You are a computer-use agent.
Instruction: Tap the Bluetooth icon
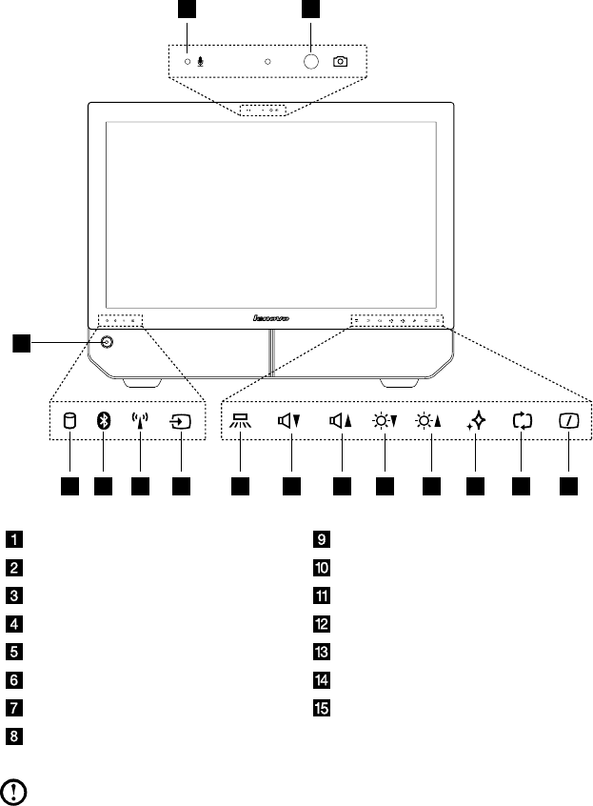click(104, 422)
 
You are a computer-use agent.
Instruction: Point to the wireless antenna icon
click(140, 422)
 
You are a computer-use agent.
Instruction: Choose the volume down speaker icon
click(289, 422)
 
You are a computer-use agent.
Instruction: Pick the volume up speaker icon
click(339, 422)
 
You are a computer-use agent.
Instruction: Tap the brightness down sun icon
click(384, 422)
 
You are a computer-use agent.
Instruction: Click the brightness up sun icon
click(430, 422)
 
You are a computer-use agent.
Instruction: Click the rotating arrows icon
click(521, 422)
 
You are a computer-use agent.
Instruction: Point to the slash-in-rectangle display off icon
click(568, 422)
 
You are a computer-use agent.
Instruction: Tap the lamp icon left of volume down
click(241, 422)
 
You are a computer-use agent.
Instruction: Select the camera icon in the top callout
click(341, 61)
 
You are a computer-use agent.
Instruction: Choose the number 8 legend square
click(14, 735)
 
